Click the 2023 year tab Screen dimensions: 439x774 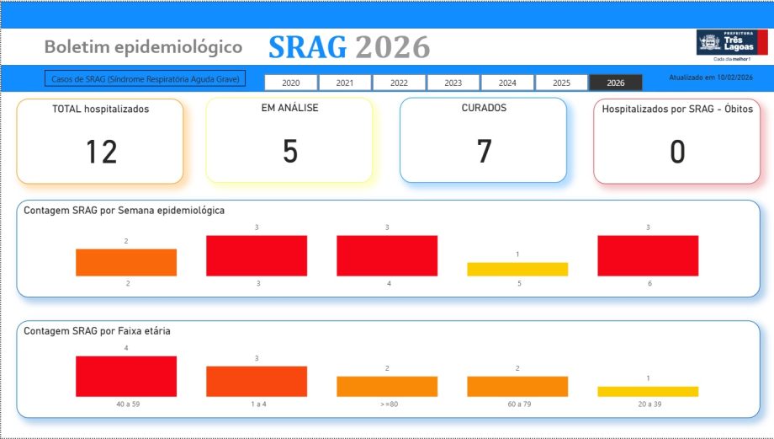coord(453,83)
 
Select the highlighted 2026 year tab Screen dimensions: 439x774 coord(616,83)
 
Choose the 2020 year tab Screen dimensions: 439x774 coord(291,83)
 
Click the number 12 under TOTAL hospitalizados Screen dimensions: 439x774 coord(101,153)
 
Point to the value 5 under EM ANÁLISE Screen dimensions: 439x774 coord(289,153)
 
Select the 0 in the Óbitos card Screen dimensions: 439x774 coord(677,153)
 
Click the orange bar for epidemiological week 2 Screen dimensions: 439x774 coord(126,262)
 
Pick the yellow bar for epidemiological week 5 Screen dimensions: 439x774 coord(517,270)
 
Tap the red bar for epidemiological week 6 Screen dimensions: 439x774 coord(648,255)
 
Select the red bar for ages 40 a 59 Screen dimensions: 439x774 coord(126,376)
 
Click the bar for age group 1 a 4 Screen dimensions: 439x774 coord(257,381)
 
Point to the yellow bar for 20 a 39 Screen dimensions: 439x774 coord(648,391)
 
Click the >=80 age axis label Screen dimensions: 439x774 coord(387,404)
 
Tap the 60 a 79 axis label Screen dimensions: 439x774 coord(517,404)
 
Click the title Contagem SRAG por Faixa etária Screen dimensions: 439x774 coord(98,331)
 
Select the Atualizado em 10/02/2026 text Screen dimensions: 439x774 coord(710,78)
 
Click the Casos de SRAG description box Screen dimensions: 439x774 coord(145,78)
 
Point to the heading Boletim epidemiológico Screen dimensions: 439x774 coord(143,47)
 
